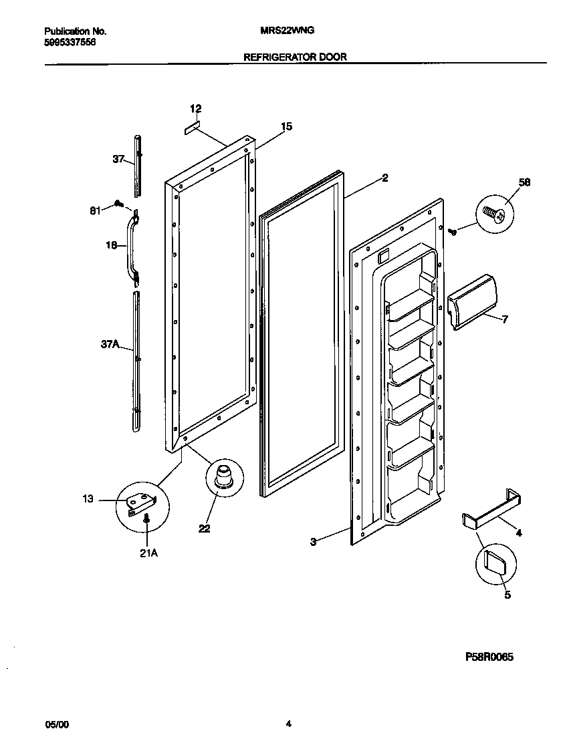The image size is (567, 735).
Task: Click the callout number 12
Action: [x=195, y=109]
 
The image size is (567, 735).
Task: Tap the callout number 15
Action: [x=286, y=126]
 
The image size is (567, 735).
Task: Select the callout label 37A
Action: [x=110, y=345]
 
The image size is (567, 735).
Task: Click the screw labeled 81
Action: [x=118, y=202]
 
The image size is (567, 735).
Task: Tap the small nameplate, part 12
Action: [x=193, y=126]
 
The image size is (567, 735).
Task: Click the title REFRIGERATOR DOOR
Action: [x=295, y=57]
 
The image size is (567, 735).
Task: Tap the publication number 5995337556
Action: [x=70, y=41]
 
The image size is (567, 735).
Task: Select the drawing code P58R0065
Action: [x=489, y=657]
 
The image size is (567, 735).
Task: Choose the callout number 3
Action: [x=313, y=543]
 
